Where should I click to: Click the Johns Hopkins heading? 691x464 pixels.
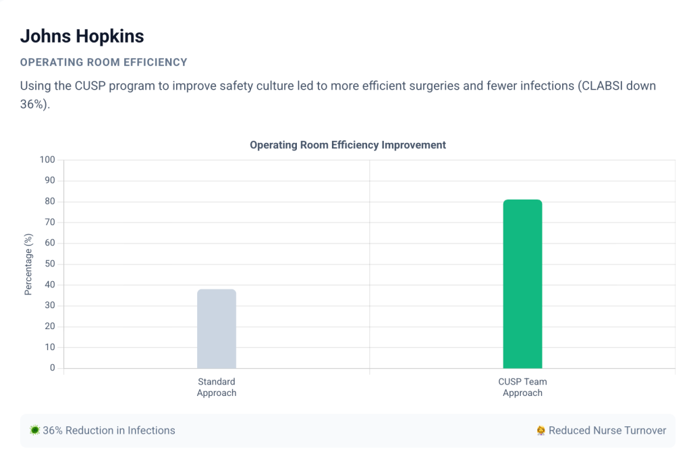[x=82, y=36]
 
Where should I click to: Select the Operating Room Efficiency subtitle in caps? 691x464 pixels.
[x=103, y=62]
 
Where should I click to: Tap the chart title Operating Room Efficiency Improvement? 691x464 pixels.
[x=348, y=145]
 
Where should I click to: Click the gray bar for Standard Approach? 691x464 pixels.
[x=217, y=329]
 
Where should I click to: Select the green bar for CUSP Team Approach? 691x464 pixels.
[x=522, y=284]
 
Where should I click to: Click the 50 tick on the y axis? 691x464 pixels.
[x=49, y=264]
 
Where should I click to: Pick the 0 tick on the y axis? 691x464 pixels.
[x=52, y=368]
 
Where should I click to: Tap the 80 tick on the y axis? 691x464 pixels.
[x=49, y=202]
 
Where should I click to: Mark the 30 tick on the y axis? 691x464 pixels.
[x=49, y=306]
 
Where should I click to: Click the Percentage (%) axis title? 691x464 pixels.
[x=28, y=264]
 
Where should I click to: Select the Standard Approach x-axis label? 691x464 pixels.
[x=217, y=387]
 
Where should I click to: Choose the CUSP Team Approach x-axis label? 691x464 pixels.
[x=522, y=387]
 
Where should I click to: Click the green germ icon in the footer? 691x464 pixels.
[x=34, y=430]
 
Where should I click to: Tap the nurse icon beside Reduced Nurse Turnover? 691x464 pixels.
[x=541, y=430]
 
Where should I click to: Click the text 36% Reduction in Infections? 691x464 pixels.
[x=109, y=430]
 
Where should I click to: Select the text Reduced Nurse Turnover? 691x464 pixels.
[x=607, y=430]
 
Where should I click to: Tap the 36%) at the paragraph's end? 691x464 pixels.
[x=34, y=106]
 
